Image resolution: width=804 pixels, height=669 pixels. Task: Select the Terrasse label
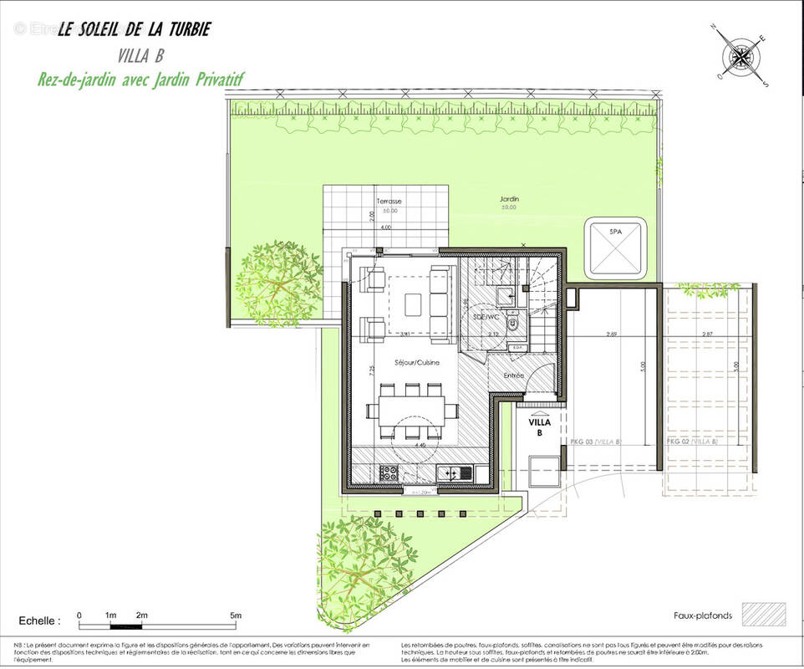point(388,202)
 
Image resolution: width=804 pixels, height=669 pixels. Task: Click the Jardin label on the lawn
point(509,199)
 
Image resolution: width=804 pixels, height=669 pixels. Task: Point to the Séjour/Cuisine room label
point(417,362)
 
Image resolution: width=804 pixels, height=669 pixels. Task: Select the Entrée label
point(513,375)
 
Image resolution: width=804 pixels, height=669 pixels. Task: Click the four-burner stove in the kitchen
point(389,472)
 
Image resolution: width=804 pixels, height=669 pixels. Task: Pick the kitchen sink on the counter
point(453,472)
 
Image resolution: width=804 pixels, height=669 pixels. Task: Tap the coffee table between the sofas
point(415,304)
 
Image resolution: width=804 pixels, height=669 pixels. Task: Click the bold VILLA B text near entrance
point(540,427)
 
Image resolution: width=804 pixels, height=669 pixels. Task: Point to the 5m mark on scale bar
point(236,615)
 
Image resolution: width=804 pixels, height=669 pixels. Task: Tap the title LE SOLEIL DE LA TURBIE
point(134,30)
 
